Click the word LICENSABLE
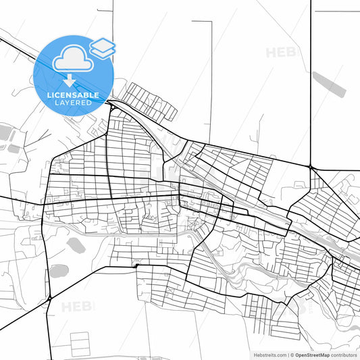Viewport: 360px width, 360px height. [73, 95]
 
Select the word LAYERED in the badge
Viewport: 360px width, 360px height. [73, 103]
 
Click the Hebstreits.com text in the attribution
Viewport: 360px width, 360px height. [269, 354]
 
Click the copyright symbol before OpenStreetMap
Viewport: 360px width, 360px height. [291, 354]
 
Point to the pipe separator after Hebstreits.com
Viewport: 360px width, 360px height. [286, 354]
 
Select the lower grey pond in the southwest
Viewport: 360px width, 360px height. [58, 272]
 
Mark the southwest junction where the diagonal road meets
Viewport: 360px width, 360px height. [49, 297]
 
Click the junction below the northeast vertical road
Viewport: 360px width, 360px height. [311, 167]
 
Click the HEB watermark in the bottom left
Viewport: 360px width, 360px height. [78, 307]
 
